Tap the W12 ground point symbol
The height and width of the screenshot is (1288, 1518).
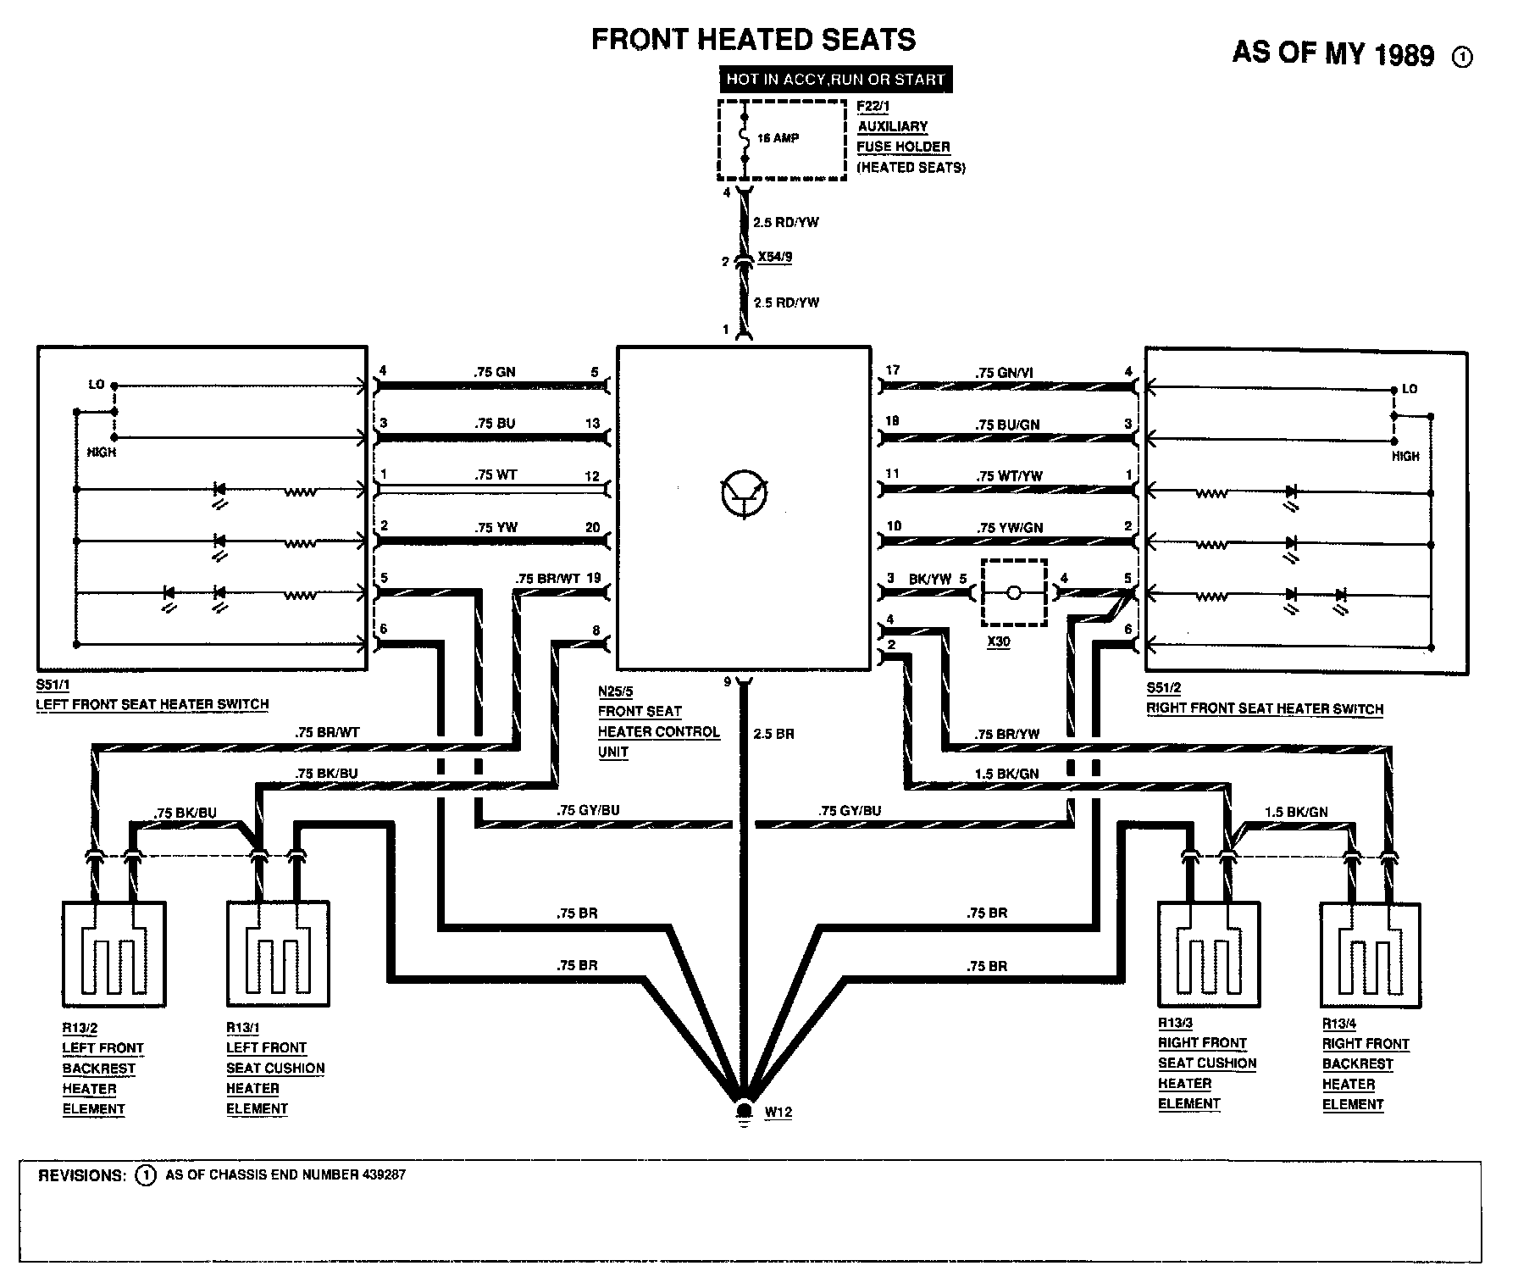tap(745, 1111)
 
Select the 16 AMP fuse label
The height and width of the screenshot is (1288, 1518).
tap(778, 138)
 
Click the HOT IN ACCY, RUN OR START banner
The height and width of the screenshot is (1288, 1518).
tap(834, 80)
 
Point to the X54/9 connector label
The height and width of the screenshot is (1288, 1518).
tap(775, 257)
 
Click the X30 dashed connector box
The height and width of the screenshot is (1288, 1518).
tap(1014, 592)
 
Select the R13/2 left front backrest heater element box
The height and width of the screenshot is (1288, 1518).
tap(114, 952)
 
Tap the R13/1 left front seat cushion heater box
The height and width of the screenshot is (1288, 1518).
tap(278, 952)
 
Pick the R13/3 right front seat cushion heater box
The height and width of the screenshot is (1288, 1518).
tap(1209, 952)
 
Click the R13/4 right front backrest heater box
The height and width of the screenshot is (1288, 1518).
tap(1371, 954)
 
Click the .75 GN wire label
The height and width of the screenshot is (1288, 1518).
tap(495, 372)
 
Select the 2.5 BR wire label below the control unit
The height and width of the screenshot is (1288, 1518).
tap(773, 734)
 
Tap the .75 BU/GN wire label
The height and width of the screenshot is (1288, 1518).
tap(1007, 425)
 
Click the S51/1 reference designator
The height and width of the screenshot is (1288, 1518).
tap(53, 685)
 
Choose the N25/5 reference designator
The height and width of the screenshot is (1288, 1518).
tap(616, 691)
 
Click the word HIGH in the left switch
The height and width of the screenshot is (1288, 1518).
tap(102, 452)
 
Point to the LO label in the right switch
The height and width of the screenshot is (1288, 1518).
tap(1409, 389)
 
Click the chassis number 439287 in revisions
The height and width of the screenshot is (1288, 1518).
tap(384, 1175)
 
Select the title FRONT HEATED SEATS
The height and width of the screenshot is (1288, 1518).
tap(753, 40)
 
